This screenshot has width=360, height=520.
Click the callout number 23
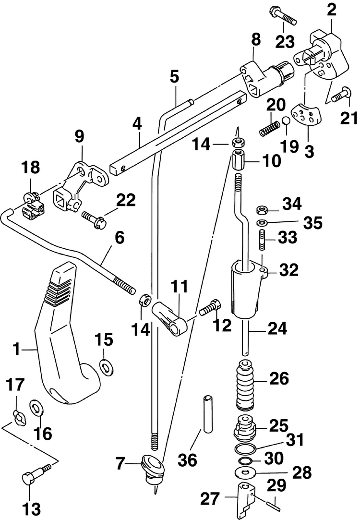click(x=285, y=42)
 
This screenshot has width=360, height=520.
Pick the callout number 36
click(x=188, y=460)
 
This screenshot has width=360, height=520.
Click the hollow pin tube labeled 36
click(x=208, y=413)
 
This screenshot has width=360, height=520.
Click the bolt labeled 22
click(x=94, y=220)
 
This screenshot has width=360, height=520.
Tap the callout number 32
click(x=289, y=270)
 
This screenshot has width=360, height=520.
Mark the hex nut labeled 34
click(x=263, y=210)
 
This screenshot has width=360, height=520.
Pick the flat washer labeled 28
click(x=244, y=472)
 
